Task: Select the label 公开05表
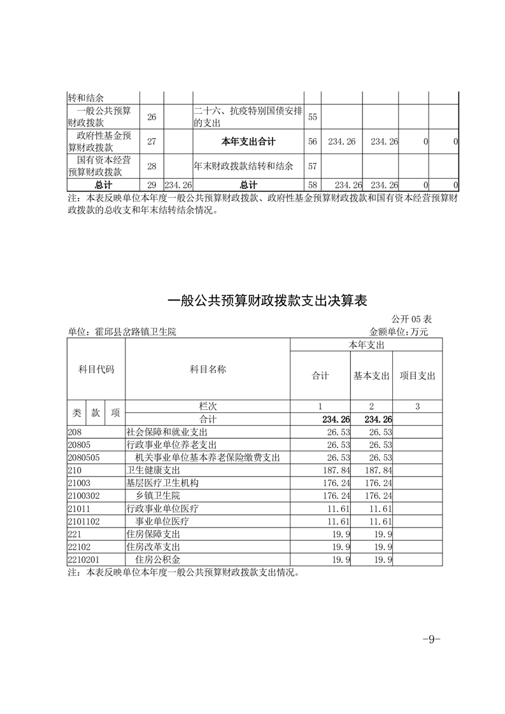pyautogui.click(x=413, y=319)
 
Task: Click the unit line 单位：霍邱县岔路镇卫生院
pyautogui.click(x=122, y=332)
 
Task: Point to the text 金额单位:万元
pyautogui.click(x=399, y=332)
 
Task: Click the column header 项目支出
pyautogui.click(x=417, y=376)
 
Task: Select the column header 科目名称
pyautogui.click(x=208, y=370)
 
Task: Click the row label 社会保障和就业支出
pyautogui.click(x=162, y=432)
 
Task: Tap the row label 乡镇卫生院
pyautogui.click(x=158, y=495)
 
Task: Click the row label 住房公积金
pyautogui.click(x=158, y=559)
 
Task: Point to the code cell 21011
pyautogui.click(x=79, y=508)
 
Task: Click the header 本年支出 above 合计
pyautogui.click(x=366, y=344)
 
